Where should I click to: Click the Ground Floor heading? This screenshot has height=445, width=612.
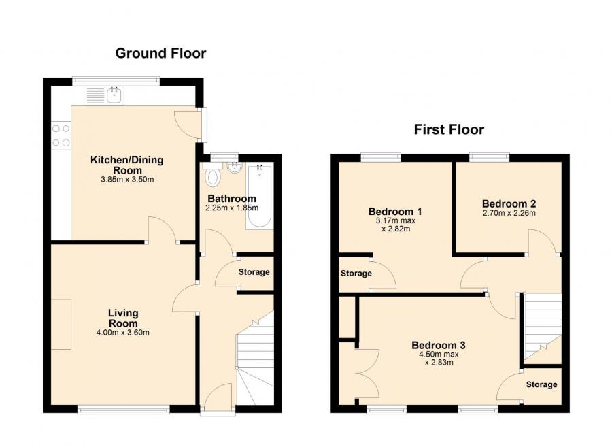(160, 53)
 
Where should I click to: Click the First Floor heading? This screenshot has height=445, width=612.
(449, 129)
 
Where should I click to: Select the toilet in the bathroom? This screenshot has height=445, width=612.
(214, 178)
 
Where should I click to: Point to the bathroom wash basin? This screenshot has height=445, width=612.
(234, 167)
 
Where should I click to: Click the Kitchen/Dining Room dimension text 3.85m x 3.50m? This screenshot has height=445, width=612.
(127, 180)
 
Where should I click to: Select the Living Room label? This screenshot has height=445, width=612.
(123, 318)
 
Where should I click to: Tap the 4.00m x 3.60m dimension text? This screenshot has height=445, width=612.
(123, 333)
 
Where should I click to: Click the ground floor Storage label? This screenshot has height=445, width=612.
(254, 272)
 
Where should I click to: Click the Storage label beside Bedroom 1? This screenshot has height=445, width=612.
(356, 274)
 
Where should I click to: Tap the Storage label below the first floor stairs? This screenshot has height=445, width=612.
(541, 384)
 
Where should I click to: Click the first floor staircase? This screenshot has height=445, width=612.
(543, 325)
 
